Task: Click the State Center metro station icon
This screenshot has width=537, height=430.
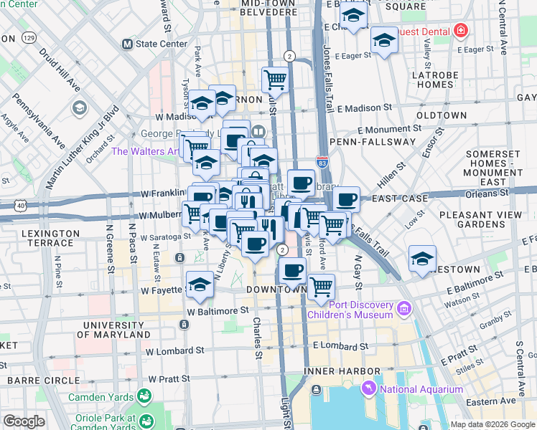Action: tap(128, 44)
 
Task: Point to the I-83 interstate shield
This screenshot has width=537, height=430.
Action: tap(322, 165)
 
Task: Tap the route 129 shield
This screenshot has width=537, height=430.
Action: tap(29, 36)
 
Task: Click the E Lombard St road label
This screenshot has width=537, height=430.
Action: tap(340, 346)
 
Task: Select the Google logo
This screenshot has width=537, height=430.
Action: tap(24, 421)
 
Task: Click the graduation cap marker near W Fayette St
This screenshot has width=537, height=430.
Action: tap(200, 284)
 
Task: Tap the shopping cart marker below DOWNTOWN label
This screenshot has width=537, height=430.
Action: tap(321, 286)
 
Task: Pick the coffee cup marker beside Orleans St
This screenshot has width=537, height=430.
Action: tap(346, 199)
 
